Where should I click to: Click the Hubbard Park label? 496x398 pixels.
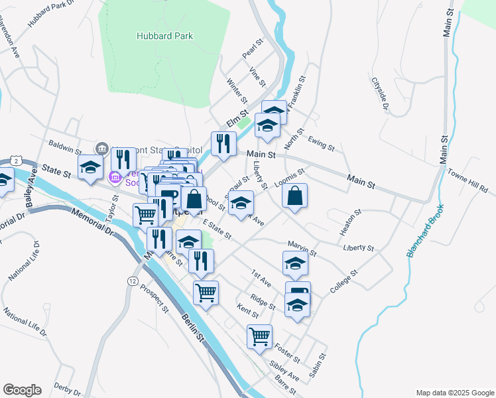[165, 36]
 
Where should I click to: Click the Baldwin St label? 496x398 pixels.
[64, 143]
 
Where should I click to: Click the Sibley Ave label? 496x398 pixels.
[284, 371]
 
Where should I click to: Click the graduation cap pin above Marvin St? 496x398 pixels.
[295, 263]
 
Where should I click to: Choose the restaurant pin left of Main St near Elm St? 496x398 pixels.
[223, 143]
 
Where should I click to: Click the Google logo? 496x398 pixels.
[22, 390]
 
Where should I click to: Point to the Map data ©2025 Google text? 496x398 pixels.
[454, 393]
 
